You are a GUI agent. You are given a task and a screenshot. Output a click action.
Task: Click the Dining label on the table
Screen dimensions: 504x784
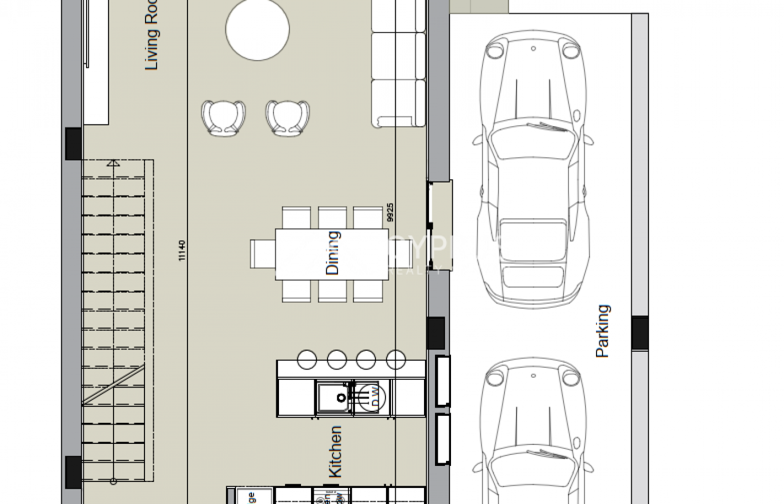click(x=332, y=253)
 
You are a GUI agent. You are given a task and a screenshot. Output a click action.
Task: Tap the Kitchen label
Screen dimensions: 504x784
click(x=335, y=451)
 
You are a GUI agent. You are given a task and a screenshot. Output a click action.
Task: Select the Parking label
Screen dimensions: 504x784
click(x=603, y=331)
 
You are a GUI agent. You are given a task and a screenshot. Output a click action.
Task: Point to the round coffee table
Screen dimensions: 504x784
click(x=257, y=29)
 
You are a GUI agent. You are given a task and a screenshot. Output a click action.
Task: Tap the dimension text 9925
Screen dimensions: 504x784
click(x=390, y=212)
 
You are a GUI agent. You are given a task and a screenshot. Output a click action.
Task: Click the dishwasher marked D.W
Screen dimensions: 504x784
click(x=367, y=396)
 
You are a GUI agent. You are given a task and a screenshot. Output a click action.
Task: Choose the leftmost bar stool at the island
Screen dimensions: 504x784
click(x=307, y=360)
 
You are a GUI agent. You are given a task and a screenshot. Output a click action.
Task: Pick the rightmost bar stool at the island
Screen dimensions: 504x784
click(x=396, y=360)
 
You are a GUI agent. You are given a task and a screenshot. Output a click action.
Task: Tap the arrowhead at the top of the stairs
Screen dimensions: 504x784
click(x=113, y=163)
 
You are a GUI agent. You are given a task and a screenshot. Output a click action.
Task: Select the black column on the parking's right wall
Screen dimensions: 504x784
click(x=640, y=333)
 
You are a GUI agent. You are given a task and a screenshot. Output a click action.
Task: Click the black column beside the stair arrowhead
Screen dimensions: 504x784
click(x=73, y=144)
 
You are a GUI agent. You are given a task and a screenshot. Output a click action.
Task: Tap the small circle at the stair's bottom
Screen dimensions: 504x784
click(x=114, y=481)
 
